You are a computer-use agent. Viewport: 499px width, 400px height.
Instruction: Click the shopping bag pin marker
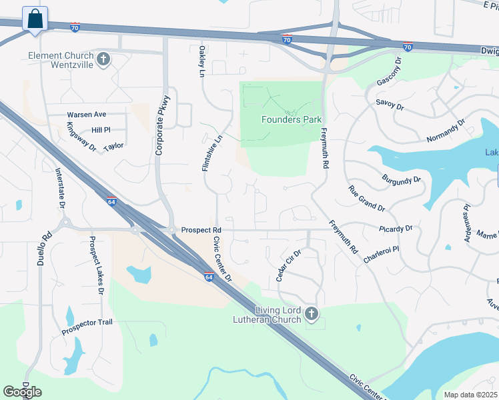[x=35, y=18]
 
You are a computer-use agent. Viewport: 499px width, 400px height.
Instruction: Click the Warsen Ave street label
[x=86, y=115]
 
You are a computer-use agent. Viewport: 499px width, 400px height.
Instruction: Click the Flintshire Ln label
[x=207, y=153]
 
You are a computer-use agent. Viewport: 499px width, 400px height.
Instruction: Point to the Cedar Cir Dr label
[x=289, y=265]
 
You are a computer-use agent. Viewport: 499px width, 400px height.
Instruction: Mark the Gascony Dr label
[x=390, y=71]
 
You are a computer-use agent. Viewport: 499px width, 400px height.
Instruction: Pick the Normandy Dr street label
[x=445, y=132]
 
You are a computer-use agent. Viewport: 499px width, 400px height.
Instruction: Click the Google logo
[x=22, y=392]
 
